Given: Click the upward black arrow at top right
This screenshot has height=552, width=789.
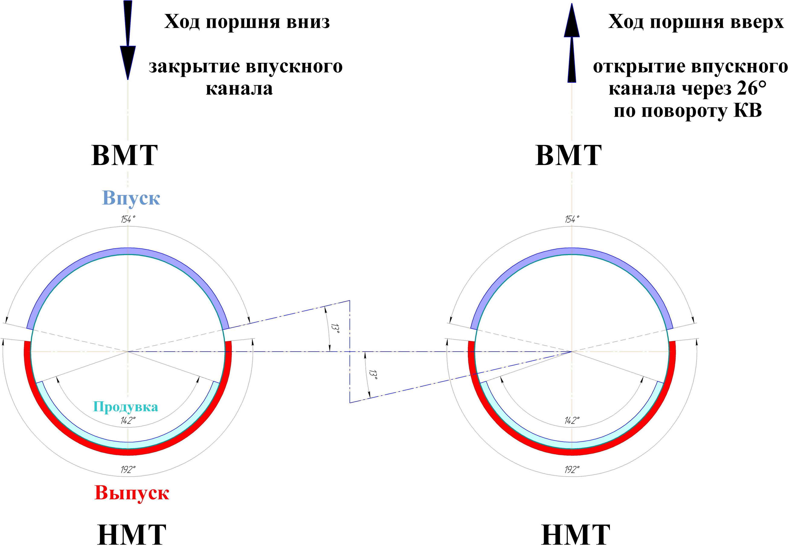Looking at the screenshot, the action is pyautogui.click(x=571, y=43).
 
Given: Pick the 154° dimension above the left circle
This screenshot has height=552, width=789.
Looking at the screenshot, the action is pyautogui.click(x=126, y=219).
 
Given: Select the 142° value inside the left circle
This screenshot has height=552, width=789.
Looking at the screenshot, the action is pyautogui.click(x=128, y=420).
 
